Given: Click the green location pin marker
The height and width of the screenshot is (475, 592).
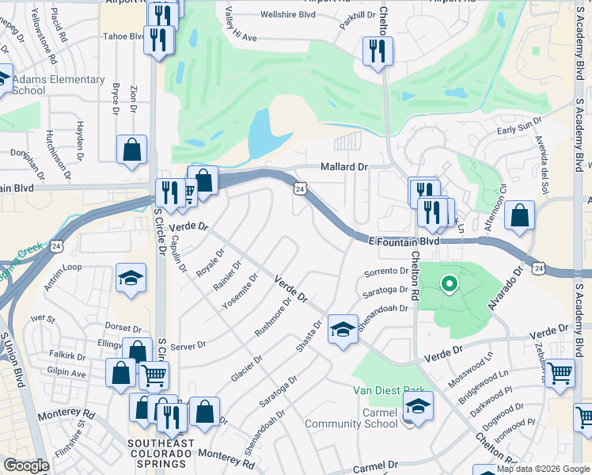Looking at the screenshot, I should pos(448,283).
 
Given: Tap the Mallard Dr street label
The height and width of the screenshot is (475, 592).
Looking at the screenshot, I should pos(344,167).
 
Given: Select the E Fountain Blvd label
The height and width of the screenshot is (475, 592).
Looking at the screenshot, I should pos(404,239).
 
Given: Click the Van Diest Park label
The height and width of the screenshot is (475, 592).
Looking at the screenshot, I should pos(390,390).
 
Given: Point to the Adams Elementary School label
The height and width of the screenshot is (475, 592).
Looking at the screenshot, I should pos(59,85).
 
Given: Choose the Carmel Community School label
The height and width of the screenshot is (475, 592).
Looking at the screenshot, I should pos(361,417).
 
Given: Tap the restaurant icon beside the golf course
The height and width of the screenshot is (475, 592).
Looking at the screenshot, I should pos(378,53).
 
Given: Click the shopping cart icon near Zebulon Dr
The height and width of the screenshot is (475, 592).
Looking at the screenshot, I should pos(560,371).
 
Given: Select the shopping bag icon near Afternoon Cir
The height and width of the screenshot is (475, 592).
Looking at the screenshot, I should pos(519,216).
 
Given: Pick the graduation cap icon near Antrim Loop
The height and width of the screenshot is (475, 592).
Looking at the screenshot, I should pos(131,278).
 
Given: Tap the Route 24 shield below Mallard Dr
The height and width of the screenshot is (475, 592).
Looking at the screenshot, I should pos(299,188).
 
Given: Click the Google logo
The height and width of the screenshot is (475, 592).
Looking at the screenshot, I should pos(27,465).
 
